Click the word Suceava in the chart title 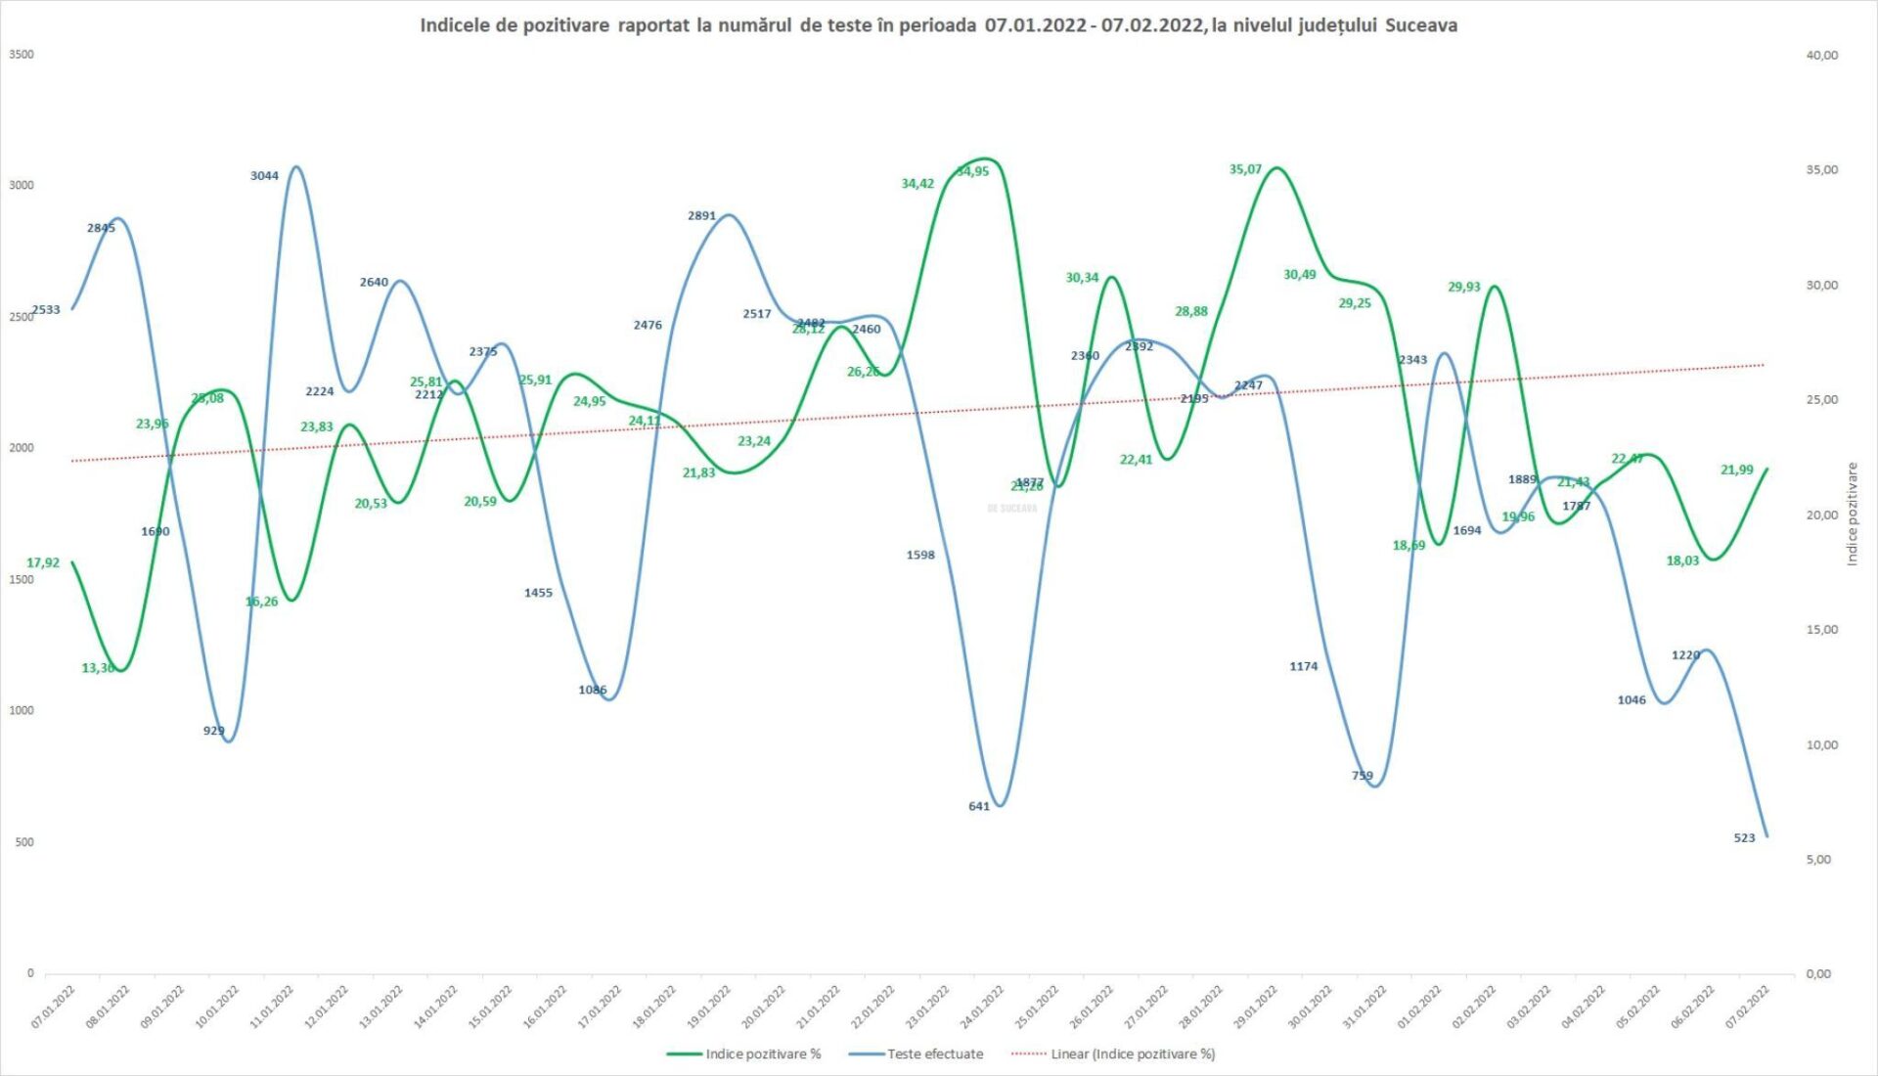[1420, 25]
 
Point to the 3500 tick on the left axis [22, 55]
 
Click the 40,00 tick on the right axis [1821, 56]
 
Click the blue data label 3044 [264, 176]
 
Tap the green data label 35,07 [1245, 169]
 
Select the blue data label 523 [1744, 838]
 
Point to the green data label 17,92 [43, 562]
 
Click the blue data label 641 [979, 806]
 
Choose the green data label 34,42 [917, 183]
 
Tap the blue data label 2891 [701, 215]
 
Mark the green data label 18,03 [1682, 560]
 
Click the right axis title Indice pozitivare [1852, 514]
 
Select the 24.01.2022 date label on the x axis [983, 1007]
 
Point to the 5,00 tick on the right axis [1818, 859]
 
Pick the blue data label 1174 [1303, 666]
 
